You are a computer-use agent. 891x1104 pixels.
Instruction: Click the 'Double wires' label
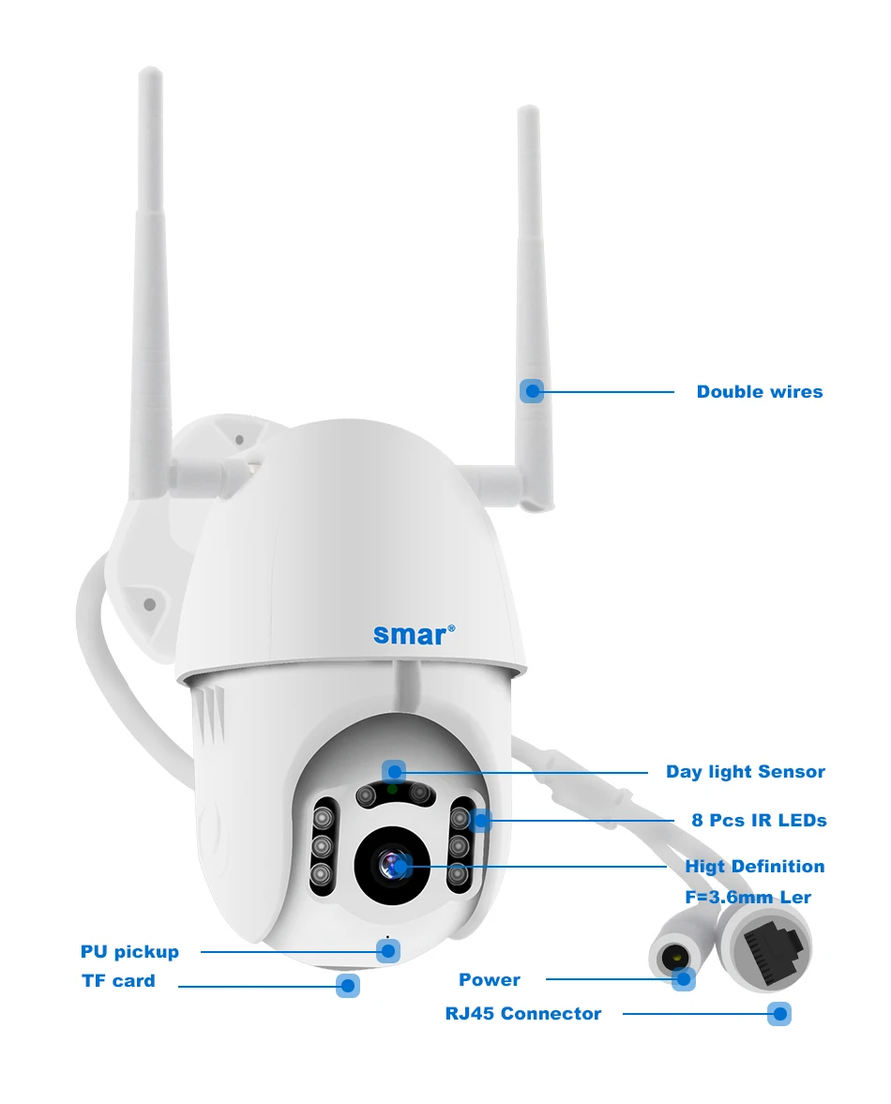[x=759, y=392]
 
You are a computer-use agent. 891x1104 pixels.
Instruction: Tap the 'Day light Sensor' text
[x=745, y=772]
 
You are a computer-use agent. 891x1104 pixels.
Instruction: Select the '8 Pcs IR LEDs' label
[x=759, y=820]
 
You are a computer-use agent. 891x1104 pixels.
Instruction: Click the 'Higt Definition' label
[x=754, y=866]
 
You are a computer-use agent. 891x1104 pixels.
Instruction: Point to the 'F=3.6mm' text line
[x=748, y=898]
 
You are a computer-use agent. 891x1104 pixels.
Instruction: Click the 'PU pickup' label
[x=129, y=952]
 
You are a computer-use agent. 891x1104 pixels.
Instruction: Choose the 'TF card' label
[x=118, y=981]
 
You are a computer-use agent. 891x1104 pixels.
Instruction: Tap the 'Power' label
[x=489, y=980]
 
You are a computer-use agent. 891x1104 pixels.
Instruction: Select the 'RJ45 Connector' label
[x=522, y=1014]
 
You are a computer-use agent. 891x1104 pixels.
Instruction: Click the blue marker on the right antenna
[x=532, y=391]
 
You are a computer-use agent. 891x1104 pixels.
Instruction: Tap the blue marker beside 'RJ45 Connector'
[x=778, y=1014]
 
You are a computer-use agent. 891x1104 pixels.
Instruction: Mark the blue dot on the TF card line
[x=348, y=985]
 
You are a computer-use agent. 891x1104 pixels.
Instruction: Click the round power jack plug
[x=670, y=957]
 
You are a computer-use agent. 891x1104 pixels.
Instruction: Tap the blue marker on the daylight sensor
[x=394, y=772]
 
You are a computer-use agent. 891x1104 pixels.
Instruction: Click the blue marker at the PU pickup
[x=387, y=950]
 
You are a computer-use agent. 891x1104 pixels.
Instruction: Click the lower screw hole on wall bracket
[x=150, y=604]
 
